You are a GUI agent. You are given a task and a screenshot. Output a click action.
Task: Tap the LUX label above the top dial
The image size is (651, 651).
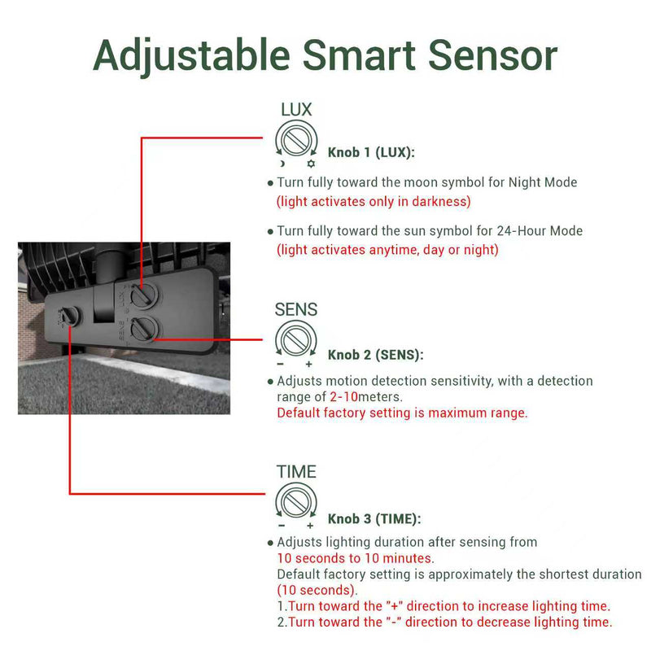click(296, 110)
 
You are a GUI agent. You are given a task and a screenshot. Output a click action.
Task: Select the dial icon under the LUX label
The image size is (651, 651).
click(296, 138)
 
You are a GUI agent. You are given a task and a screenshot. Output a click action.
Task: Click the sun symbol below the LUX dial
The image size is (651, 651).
click(310, 163)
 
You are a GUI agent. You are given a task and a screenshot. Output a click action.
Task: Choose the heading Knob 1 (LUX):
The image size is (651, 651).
click(371, 152)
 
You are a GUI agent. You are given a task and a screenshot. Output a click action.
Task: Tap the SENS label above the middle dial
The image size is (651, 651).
click(296, 309)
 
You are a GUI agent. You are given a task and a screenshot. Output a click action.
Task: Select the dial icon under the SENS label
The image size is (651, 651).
click(296, 338)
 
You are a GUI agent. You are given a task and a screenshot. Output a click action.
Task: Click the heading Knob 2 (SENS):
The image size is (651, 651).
click(375, 355)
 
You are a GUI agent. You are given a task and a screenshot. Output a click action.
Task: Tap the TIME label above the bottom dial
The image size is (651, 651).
click(296, 472)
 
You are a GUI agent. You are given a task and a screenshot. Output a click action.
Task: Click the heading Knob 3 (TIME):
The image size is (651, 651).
click(374, 518)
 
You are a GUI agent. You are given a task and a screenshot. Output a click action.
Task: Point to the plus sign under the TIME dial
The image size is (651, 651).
click(310, 526)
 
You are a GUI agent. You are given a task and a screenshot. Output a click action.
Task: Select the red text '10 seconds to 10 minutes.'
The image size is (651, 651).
click(356, 558)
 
